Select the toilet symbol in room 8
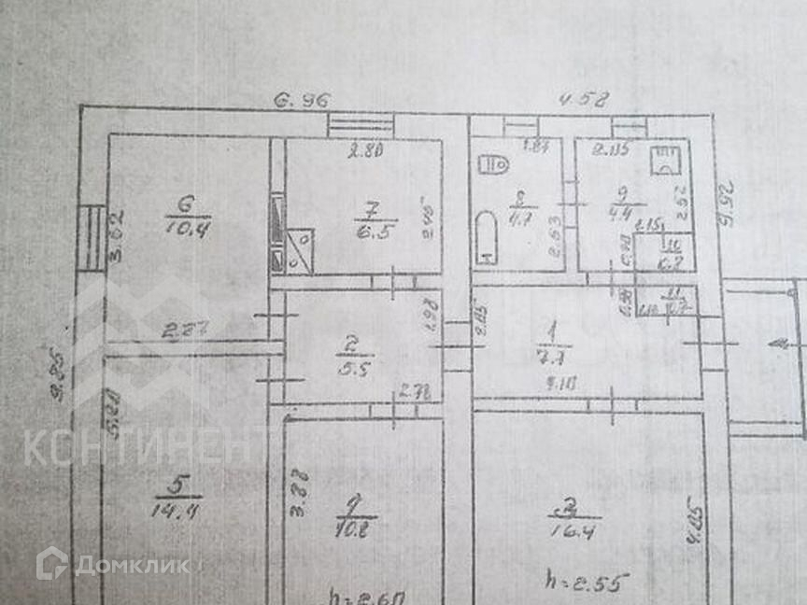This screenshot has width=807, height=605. pos(492,164)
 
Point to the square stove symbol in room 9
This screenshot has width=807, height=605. pos(665,162)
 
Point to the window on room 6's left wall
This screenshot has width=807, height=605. pos(92,237)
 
